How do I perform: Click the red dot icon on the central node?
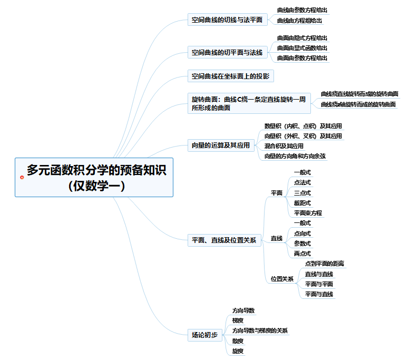tap(22, 177)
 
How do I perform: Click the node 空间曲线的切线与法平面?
tap(227, 21)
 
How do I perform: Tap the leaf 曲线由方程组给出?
tap(299, 21)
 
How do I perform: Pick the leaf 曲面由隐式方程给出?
tap(302, 38)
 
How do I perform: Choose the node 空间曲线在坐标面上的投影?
tap(230, 76)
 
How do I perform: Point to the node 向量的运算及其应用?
tap(220, 145)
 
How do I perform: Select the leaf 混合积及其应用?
tap(284, 146)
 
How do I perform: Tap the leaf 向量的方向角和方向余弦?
tap(295, 156)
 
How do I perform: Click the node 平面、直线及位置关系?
tap(224, 240)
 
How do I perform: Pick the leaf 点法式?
tap(302, 182)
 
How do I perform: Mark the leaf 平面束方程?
tap(308, 213)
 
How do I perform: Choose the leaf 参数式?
tap(302, 244)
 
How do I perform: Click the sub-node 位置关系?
tap(282, 279)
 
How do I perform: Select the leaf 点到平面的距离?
tap(325, 264)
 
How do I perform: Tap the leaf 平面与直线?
tap(319, 294)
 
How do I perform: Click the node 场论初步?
tap(204, 335)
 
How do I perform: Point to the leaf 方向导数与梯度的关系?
tap(260, 330)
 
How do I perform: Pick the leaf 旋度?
tap(238, 351)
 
